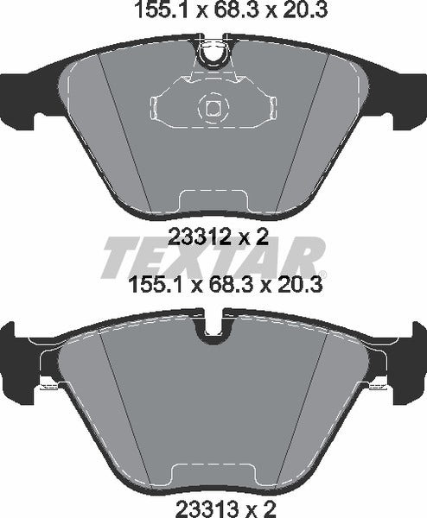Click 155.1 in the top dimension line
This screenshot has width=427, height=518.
(155, 13)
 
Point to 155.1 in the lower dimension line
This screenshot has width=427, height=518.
(155, 284)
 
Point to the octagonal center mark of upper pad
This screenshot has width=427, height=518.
(212, 108)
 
